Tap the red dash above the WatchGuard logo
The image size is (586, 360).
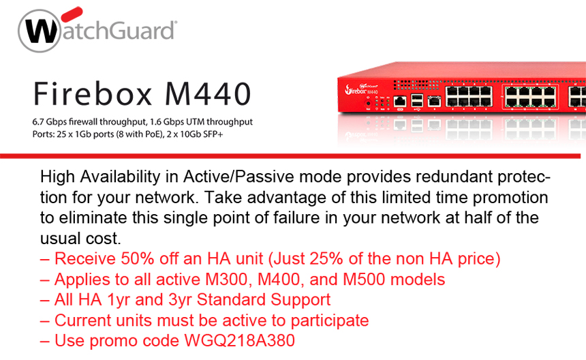click(x=72, y=14)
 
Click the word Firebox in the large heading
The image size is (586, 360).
click(x=93, y=94)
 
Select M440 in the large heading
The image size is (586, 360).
click(x=208, y=94)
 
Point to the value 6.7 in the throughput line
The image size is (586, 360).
click(x=37, y=122)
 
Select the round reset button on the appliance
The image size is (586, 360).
click(x=368, y=102)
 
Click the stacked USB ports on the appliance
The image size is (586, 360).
click(x=418, y=101)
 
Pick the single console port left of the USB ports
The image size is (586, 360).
click(x=400, y=102)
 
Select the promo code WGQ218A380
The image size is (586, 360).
click(x=240, y=340)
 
